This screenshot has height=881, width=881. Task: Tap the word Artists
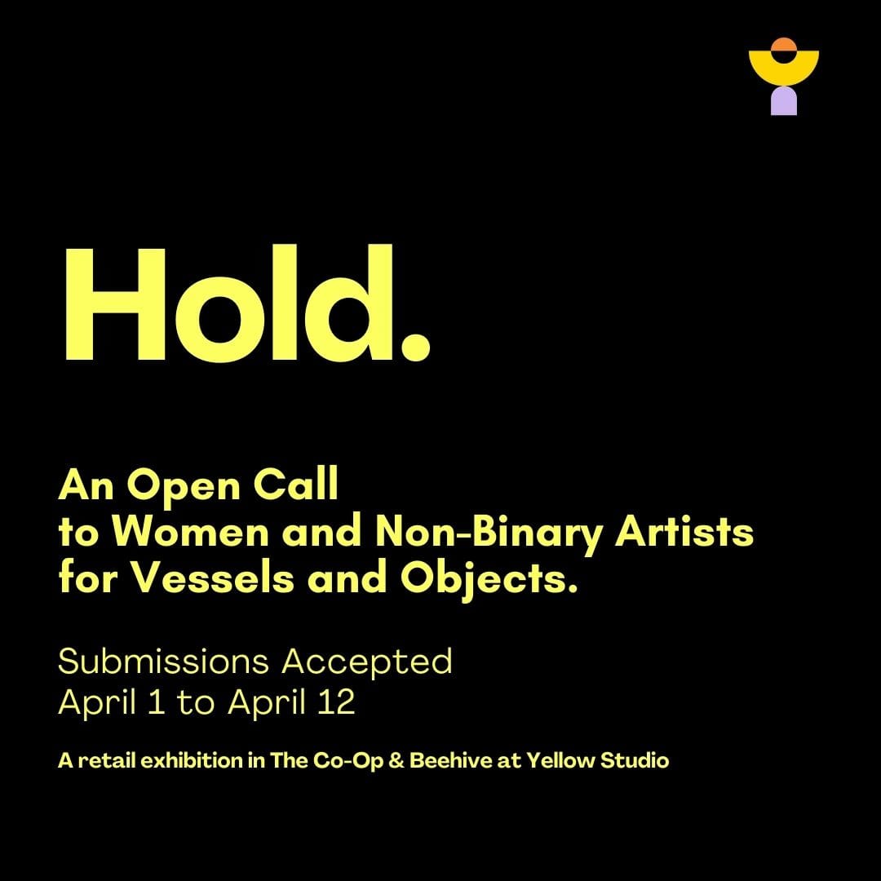tap(684, 533)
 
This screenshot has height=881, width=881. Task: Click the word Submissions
tap(165, 661)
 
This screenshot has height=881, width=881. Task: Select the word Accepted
tap(367, 661)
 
